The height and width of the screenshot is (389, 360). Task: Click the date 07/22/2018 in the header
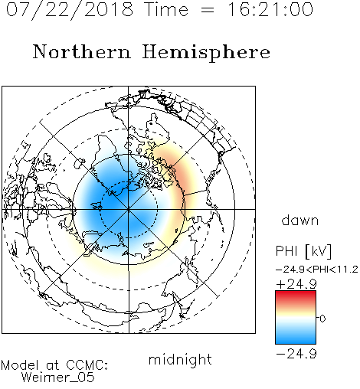[x=70, y=10]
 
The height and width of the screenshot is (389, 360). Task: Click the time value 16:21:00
[x=270, y=9]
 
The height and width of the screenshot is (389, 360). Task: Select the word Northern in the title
[x=81, y=51]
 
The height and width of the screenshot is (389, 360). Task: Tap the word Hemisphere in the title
[x=206, y=53]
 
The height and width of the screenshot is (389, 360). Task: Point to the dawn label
[x=300, y=220]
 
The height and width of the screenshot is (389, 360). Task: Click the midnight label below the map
[x=180, y=360]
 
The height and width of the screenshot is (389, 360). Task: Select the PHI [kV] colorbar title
[x=304, y=251]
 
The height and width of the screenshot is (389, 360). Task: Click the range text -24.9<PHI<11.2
[x=317, y=270]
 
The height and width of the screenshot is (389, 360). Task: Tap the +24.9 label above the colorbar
[x=296, y=284]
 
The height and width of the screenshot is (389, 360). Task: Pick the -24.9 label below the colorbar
[x=296, y=354]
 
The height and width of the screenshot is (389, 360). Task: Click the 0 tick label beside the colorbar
[x=322, y=319]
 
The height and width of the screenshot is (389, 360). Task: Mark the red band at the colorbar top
[x=296, y=296]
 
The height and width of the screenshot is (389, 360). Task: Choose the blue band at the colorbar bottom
[x=296, y=338]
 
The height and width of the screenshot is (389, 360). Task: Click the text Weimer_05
[x=58, y=378]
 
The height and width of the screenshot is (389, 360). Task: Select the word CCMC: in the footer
[x=87, y=365]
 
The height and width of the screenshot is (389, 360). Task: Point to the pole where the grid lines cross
[x=129, y=209]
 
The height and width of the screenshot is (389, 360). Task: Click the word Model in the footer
[x=20, y=365]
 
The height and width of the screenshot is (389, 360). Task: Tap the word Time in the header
[x=166, y=9]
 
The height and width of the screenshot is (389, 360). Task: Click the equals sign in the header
[x=208, y=10]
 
